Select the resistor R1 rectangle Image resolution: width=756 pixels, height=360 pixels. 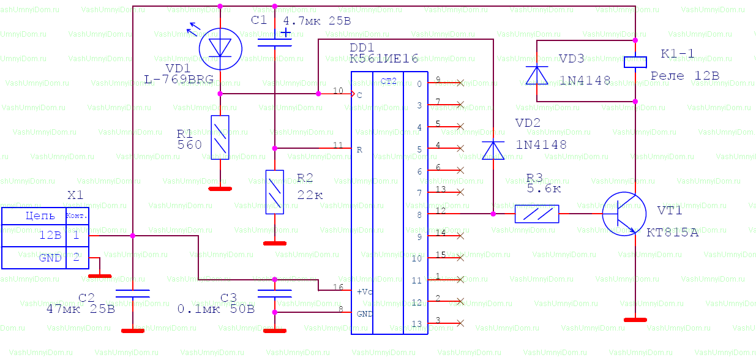click(x=220, y=137)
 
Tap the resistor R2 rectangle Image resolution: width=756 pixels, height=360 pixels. click(x=275, y=191)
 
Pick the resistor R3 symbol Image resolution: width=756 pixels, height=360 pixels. click(x=537, y=214)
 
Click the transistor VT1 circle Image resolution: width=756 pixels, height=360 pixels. click(x=624, y=213)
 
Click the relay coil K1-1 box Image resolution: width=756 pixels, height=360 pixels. click(x=636, y=61)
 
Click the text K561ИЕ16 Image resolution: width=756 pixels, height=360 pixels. click(x=384, y=59)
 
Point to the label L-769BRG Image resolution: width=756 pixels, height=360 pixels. click(x=179, y=79)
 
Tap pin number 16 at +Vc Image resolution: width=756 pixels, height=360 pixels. click(x=338, y=286)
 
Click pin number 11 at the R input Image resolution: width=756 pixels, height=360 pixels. click(x=338, y=145)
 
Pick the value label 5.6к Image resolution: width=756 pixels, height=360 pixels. click(x=544, y=189)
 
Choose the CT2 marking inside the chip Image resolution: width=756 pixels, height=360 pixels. click(x=388, y=81)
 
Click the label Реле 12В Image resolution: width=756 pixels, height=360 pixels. click(x=684, y=75)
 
